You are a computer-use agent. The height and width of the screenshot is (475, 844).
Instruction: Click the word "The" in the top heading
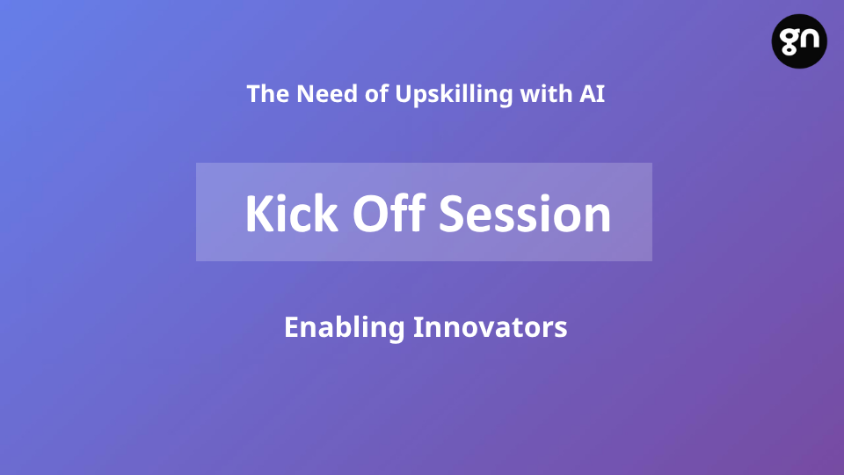[x=268, y=94]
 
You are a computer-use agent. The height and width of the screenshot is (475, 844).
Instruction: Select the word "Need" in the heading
[x=327, y=94]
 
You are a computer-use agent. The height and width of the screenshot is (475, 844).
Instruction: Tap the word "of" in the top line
[x=376, y=94]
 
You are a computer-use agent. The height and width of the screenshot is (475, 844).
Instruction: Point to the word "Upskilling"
[x=454, y=95]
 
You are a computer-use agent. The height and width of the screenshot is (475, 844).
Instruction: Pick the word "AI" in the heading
[x=592, y=94]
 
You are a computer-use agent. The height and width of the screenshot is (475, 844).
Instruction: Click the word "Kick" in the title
[x=292, y=213]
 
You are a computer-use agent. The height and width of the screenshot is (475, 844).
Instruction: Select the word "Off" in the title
[x=389, y=213]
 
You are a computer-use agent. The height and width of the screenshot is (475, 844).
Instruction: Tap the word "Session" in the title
[x=525, y=215]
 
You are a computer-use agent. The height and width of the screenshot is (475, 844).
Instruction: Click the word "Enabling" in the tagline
[x=344, y=328]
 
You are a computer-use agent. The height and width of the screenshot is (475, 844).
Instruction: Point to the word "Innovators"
[x=491, y=327]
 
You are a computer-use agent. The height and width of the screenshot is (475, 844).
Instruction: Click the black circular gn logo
[x=799, y=41]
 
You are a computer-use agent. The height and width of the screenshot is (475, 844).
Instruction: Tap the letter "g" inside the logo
[x=789, y=42]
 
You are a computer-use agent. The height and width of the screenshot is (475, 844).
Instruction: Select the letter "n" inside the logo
[x=810, y=40]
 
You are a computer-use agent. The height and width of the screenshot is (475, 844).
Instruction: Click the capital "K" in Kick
[x=259, y=214]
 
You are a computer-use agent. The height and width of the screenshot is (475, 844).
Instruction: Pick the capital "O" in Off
[x=370, y=214]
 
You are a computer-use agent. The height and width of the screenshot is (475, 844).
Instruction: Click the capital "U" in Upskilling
[x=404, y=94]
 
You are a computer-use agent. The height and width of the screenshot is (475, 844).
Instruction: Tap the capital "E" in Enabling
[x=291, y=327]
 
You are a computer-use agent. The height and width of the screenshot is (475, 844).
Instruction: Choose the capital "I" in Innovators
[x=417, y=327]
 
